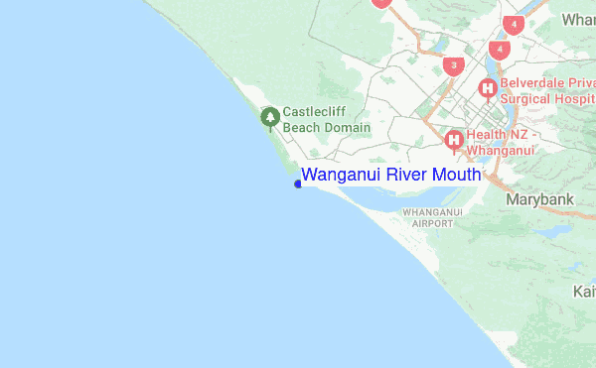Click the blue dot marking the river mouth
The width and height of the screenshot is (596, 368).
click(x=299, y=183)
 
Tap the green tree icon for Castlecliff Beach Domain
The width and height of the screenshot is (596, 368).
click(x=269, y=118)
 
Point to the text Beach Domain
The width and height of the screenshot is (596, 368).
click(x=326, y=127)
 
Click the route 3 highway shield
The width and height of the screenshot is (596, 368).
click(x=455, y=66)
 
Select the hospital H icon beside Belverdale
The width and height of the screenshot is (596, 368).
click(x=488, y=89)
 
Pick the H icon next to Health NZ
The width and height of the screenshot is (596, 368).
click(x=455, y=140)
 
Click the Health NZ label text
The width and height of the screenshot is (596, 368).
click(x=502, y=135)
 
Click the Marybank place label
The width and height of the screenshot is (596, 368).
click(x=540, y=199)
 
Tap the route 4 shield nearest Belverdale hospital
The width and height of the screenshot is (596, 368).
click(x=499, y=49)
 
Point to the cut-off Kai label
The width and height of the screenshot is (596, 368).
click(x=584, y=292)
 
